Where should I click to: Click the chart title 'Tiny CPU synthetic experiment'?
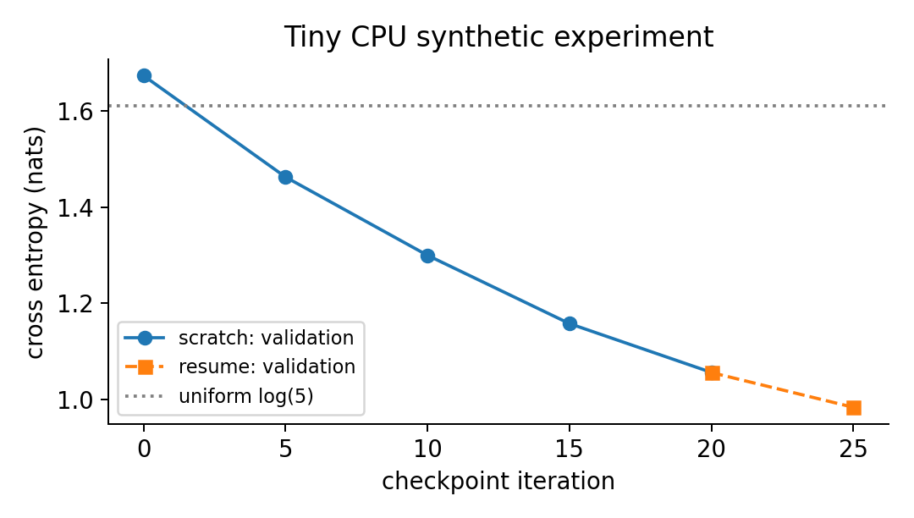498,37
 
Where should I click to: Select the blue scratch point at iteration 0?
144,75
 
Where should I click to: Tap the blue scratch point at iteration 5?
286,177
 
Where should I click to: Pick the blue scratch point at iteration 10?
428,256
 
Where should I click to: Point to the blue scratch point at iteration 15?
570,324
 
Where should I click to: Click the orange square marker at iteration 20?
713,373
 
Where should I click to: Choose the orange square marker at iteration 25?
854,408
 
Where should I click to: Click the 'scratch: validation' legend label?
267,338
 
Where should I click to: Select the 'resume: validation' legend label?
267,366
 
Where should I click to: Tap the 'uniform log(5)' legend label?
246,396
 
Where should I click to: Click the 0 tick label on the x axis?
144,449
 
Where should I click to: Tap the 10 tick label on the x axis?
428,449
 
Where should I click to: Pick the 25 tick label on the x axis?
854,449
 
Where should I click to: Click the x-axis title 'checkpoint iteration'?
498,482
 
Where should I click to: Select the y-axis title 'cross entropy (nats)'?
36,243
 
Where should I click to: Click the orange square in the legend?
146,366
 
